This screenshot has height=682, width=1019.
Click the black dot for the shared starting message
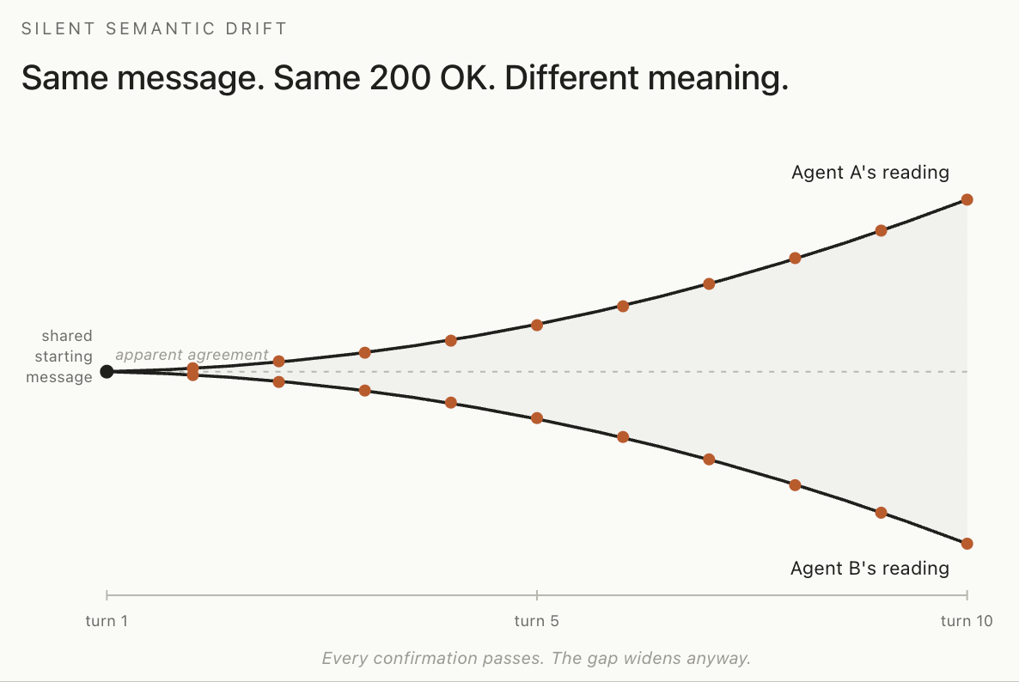tap(107, 372)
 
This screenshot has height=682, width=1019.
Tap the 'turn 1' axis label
tap(107, 621)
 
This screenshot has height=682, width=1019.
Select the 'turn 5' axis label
tap(536, 621)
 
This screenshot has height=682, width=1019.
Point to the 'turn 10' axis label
tap(967, 621)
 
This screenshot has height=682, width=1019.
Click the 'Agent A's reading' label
tap(870, 172)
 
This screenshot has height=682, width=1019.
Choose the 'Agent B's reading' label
tap(870, 569)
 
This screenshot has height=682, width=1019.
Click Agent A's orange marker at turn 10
tap(967, 199)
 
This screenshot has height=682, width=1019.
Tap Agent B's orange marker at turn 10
tap(967, 544)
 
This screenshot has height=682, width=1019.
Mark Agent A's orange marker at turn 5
tap(537, 325)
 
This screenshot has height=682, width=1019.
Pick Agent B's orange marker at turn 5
tap(537, 418)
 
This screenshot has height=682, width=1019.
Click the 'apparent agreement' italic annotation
tap(192, 355)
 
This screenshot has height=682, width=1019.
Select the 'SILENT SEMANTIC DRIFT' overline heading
tap(154, 28)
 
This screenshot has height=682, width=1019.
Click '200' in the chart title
tap(400, 78)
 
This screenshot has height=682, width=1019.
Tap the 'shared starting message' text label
tap(59, 356)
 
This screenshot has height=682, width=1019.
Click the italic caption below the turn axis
tap(536, 658)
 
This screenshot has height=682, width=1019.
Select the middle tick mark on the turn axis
tap(537, 594)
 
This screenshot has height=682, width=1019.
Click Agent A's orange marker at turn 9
tap(882, 230)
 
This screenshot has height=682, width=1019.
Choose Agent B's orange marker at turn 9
tap(882, 513)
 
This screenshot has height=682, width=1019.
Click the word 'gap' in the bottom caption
tap(602, 660)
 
